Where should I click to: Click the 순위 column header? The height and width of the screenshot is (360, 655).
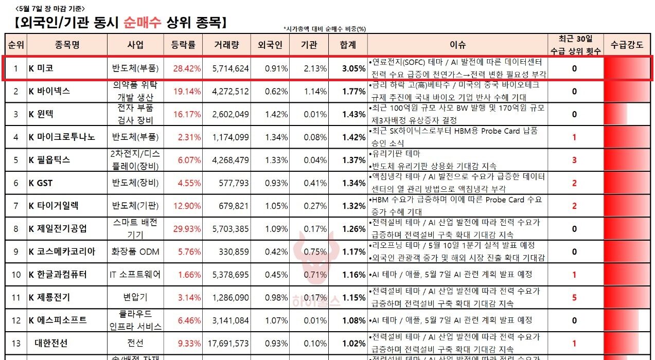(x=16, y=45)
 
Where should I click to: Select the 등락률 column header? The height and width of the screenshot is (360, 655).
(x=183, y=45)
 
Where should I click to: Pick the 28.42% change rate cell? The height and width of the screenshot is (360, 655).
(x=186, y=68)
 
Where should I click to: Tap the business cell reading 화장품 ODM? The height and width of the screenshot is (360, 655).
(x=135, y=251)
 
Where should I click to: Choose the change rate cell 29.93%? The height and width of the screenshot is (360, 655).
(x=186, y=229)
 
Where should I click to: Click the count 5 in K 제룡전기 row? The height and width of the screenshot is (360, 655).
(x=574, y=297)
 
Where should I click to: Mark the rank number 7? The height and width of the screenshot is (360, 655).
(x=16, y=206)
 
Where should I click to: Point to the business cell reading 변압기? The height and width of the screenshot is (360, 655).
(x=135, y=297)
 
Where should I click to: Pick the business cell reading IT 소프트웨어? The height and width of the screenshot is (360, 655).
(x=135, y=275)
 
